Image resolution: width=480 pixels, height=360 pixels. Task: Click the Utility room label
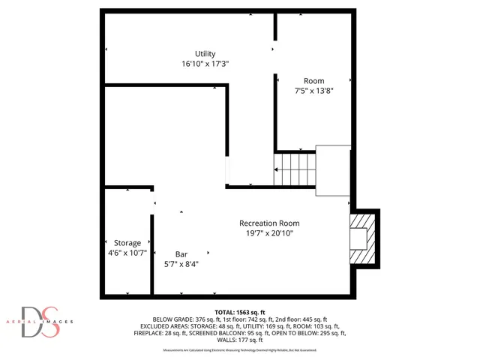205,54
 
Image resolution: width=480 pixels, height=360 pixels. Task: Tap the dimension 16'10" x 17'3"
205,64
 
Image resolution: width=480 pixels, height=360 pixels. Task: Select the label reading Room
313,81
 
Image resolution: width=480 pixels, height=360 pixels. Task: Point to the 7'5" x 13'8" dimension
313,91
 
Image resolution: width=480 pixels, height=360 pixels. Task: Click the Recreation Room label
269,223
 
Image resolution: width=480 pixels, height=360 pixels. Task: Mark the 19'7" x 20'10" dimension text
269,233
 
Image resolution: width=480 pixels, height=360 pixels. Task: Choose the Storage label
127,243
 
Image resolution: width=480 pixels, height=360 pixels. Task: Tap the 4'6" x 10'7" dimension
127,253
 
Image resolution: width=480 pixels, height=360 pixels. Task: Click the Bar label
181,253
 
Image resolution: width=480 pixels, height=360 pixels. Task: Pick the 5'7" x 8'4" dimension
181,264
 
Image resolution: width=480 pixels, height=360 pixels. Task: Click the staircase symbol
294,168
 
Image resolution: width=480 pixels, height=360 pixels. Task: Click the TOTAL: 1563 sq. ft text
240,311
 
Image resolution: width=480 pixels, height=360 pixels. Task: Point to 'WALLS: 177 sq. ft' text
240,340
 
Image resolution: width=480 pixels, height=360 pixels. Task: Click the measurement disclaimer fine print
240,350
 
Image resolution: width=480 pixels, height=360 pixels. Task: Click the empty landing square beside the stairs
333,170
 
